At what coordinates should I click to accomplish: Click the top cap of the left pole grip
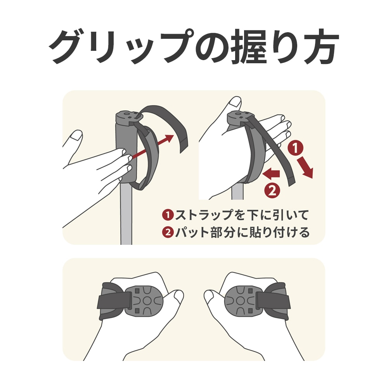(127, 116)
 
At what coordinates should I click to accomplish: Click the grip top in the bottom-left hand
(147, 300)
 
